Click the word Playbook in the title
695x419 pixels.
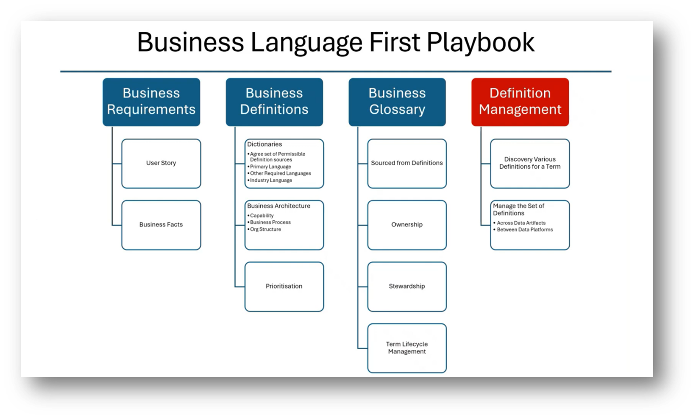point(480,42)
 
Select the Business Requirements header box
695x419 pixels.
point(151,102)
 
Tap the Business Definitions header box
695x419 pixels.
point(274,102)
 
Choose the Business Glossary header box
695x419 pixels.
point(397,102)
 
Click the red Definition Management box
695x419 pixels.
point(520,102)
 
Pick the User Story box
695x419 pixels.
point(161,163)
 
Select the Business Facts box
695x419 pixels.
point(161,225)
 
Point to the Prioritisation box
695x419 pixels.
point(284,286)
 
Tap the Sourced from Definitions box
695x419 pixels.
point(407,163)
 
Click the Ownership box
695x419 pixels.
point(407,225)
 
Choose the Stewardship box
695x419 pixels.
point(407,286)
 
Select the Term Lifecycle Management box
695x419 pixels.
point(407,348)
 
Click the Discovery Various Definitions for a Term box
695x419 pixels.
point(530,163)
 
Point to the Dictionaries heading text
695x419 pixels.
point(264,144)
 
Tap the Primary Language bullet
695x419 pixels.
point(270,167)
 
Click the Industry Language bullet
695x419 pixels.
point(271,181)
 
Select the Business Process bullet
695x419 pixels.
point(270,223)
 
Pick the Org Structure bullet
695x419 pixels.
point(265,229)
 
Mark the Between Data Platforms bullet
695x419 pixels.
point(525,230)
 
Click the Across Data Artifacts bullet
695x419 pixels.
point(521,223)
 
